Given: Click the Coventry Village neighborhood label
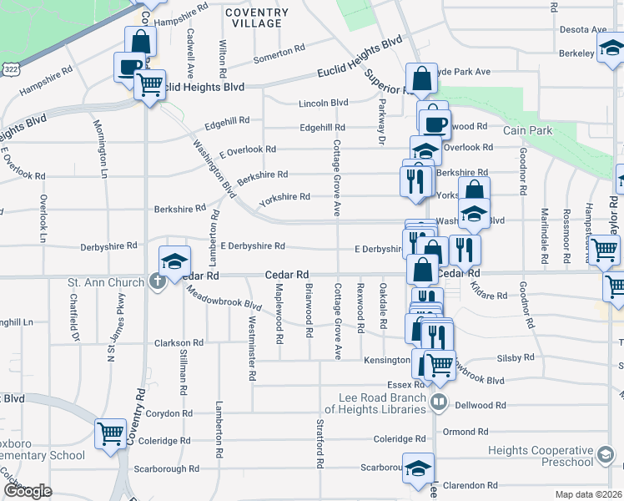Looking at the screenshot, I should (256, 18).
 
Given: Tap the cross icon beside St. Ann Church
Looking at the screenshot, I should (157, 281).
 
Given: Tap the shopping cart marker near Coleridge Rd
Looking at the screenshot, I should (110, 433).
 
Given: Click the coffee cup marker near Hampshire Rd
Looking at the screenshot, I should (130, 66).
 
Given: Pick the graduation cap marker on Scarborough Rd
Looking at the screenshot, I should (418, 467).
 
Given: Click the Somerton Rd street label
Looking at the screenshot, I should (273, 53).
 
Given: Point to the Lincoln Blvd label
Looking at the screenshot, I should (324, 104).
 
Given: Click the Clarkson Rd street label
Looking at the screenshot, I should (178, 343).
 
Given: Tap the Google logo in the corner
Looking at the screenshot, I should (27, 491).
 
